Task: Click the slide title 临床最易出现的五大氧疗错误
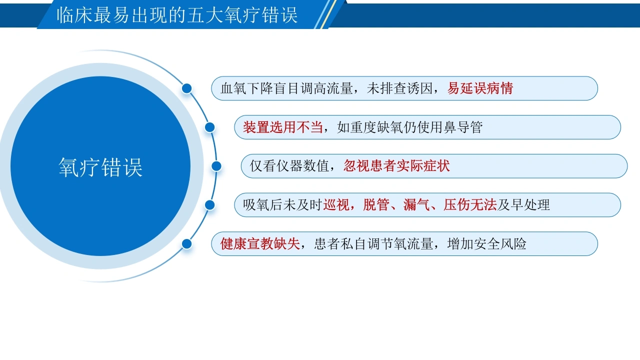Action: (177, 15)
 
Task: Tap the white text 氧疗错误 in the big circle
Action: (100, 167)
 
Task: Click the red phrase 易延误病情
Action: (480, 88)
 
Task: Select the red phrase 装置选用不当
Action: (283, 127)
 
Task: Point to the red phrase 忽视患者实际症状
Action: (396, 166)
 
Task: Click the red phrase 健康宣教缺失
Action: (260, 243)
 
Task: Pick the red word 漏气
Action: (416, 205)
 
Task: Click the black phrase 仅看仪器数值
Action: (289, 166)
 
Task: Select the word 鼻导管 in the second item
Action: (463, 127)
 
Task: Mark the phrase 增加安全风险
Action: (487, 243)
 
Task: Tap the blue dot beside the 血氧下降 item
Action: (187, 88)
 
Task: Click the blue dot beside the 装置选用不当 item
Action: (210, 127)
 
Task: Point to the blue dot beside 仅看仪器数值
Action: (216, 166)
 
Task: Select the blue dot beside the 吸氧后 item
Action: (210, 205)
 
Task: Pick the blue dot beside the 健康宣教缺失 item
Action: (187, 244)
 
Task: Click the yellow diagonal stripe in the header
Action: (328, 14)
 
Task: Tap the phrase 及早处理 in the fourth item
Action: (523, 205)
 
